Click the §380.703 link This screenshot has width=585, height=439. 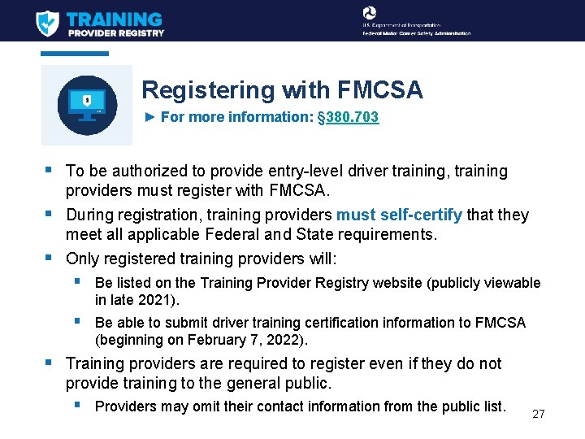[x=348, y=117]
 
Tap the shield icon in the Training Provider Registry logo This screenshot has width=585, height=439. [x=48, y=22]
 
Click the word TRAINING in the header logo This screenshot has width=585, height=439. [x=114, y=19]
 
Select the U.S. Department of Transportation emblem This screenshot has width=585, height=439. [x=370, y=13]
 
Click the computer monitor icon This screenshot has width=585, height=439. [x=87, y=105]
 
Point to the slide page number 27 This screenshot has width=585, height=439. [x=538, y=414]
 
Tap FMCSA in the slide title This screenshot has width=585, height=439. [x=382, y=90]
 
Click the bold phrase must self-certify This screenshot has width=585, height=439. [x=399, y=215]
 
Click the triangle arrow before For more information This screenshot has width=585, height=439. [x=149, y=117]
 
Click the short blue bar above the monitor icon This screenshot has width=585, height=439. [x=75, y=54]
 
